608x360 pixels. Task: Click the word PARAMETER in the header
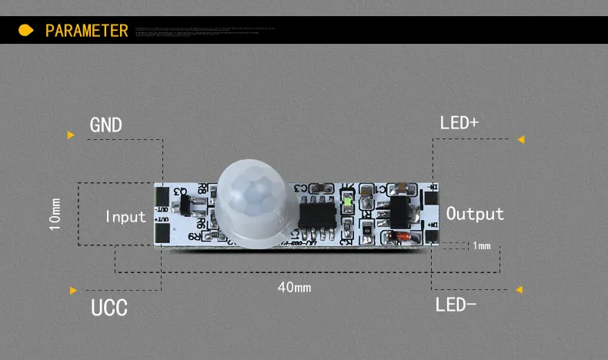[x=86, y=31]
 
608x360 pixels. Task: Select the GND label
[x=106, y=125]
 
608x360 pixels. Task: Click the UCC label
[x=109, y=308]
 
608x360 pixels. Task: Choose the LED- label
[x=456, y=305]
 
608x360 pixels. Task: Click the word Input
[x=125, y=216]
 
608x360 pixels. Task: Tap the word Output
[x=475, y=214]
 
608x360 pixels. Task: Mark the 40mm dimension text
[x=294, y=288]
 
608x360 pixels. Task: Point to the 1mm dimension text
[x=482, y=246]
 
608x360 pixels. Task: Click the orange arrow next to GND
[x=71, y=135]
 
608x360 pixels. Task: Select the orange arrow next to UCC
[x=73, y=291]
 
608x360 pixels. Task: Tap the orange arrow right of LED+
[x=521, y=139]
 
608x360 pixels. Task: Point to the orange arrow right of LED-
[x=519, y=290]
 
